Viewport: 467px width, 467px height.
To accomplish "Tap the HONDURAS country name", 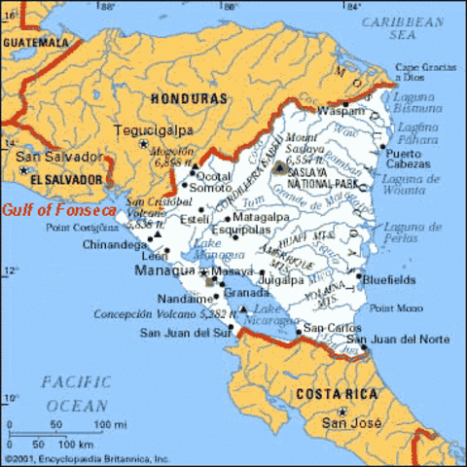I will tap(189, 99).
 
